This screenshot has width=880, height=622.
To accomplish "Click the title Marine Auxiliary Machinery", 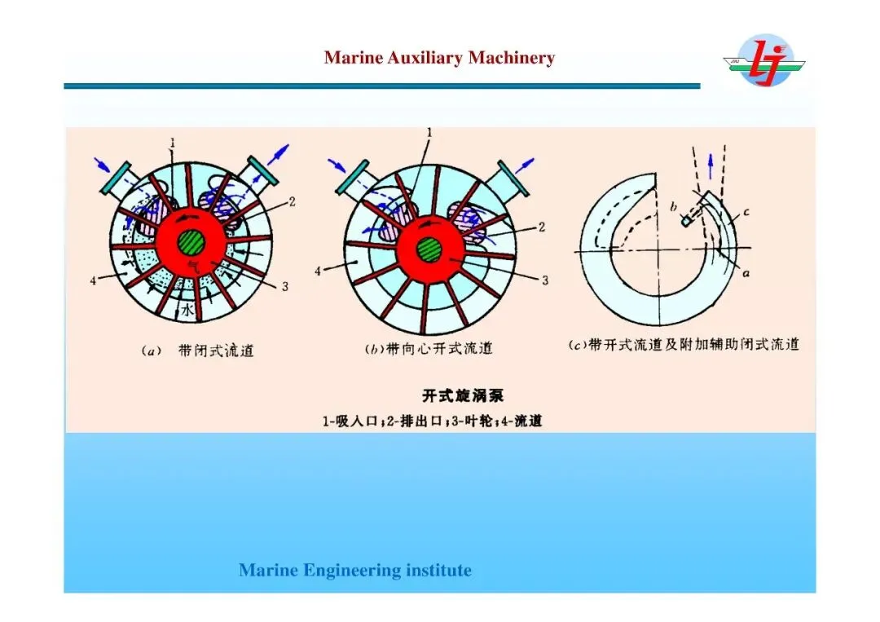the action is (x=439, y=58).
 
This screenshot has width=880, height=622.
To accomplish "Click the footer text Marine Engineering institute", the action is (x=355, y=571).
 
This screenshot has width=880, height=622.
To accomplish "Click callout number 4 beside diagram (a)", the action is (x=94, y=280).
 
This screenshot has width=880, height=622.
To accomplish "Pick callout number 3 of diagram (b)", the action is (x=545, y=280).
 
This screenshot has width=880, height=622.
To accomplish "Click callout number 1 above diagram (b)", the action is (x=429, y=132).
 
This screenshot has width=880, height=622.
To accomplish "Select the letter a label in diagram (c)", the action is (x=746, y=275).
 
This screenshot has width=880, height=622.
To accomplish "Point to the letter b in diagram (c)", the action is (x=673, y=207).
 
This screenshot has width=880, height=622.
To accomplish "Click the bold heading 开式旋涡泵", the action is (x=463, y=396).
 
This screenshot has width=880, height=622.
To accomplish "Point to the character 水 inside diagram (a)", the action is (x=187, y=311).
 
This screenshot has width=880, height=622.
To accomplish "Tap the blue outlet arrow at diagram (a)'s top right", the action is (x=279, y=153).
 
